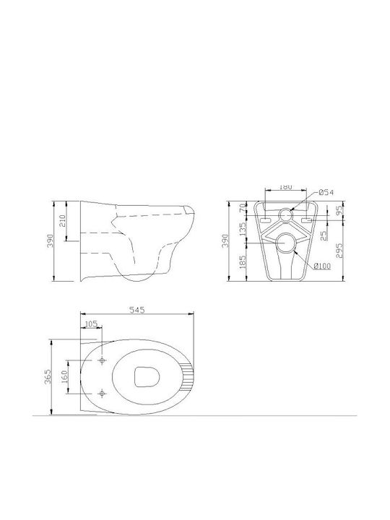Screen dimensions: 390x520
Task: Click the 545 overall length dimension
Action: click(137, 310)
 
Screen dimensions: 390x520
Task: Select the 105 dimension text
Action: click(91, 324)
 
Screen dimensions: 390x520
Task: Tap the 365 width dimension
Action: click(48, 376)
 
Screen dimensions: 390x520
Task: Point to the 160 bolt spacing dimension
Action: click(64, 376)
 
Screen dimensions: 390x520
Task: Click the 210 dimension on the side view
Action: click(62, 220)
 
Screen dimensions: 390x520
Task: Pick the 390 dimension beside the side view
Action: click(50, 240)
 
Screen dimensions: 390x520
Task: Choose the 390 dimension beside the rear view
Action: click(225, 240)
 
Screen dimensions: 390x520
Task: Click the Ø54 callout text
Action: click(326, 192)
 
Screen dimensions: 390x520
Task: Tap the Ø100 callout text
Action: click(322, 266)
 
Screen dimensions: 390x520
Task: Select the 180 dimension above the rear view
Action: click(285, 187)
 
